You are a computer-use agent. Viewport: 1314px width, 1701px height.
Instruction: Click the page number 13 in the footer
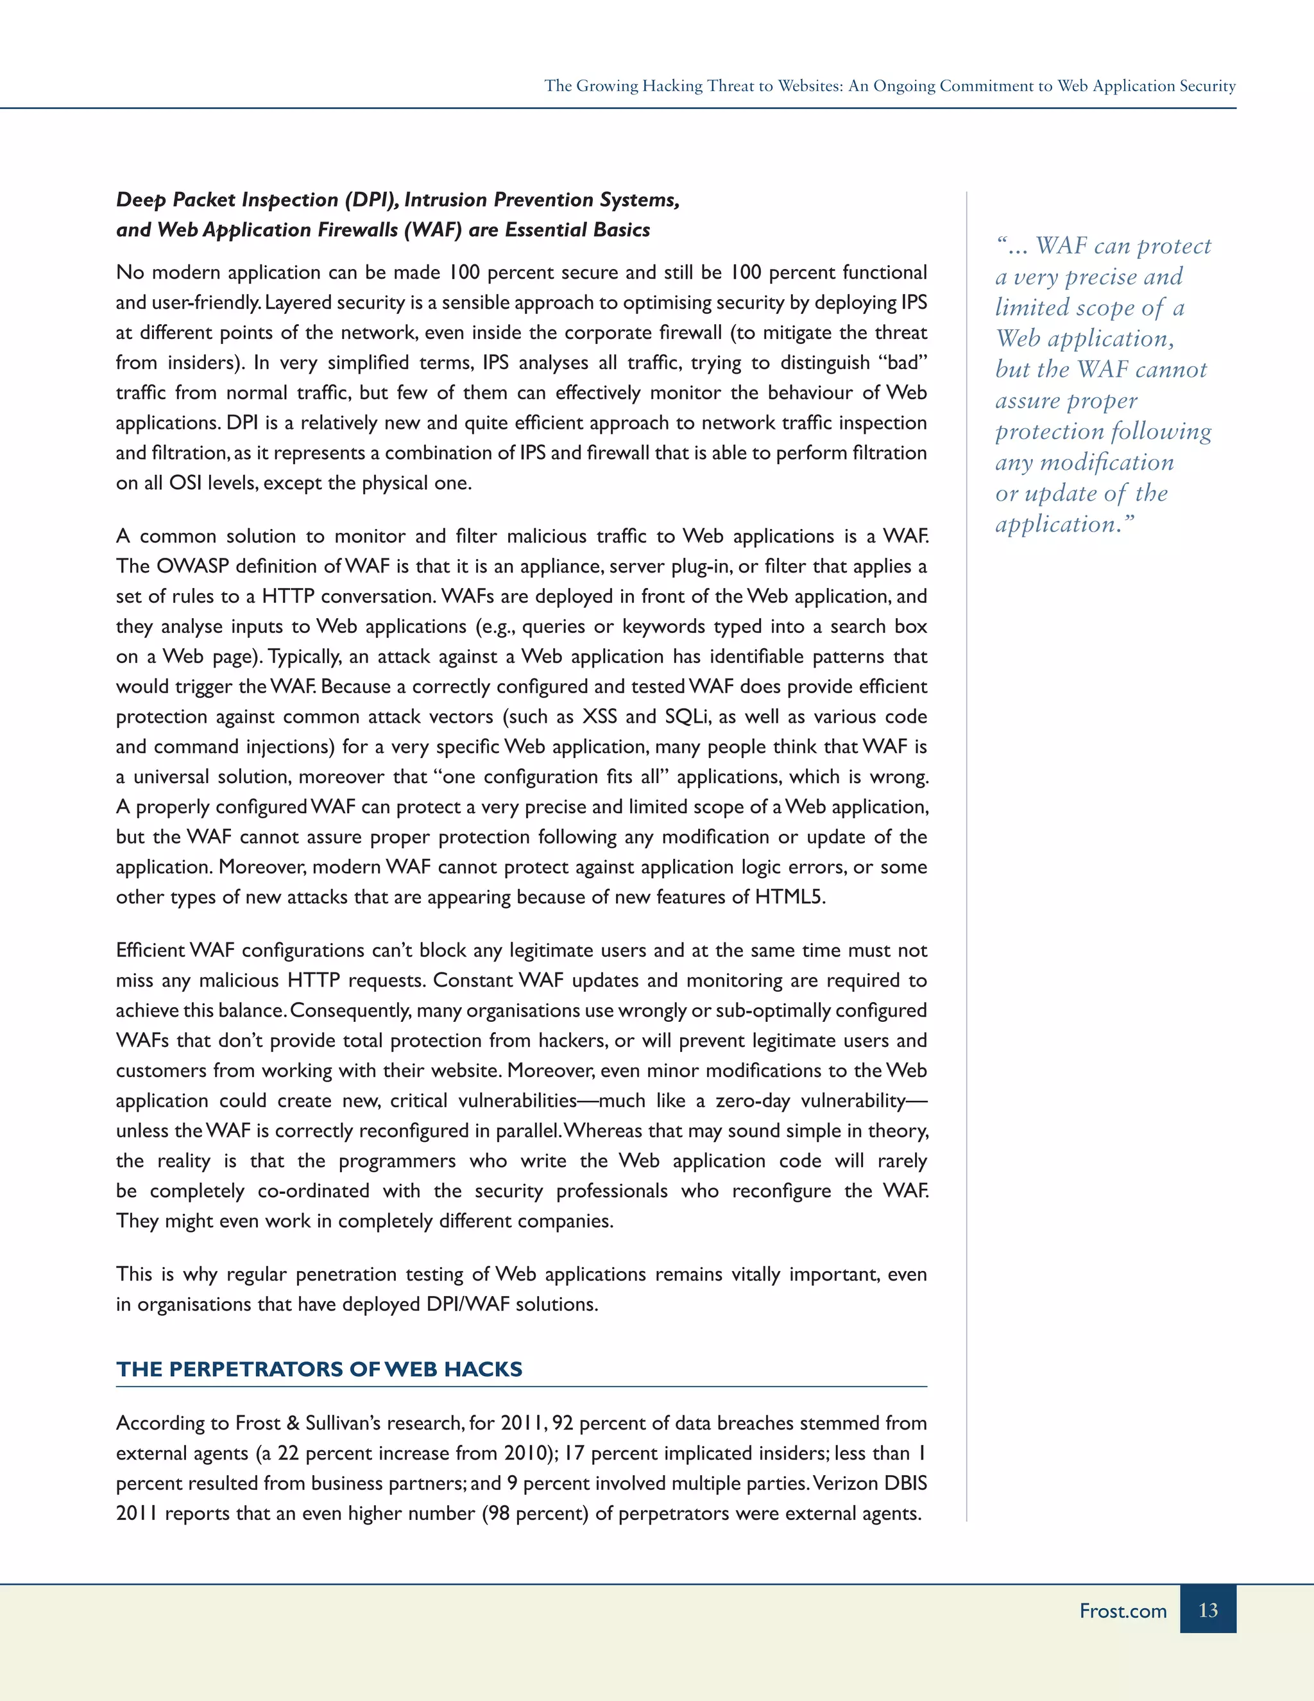[x=1207, y=1610]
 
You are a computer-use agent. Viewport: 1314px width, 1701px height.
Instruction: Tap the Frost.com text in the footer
[x=1123, y=1610]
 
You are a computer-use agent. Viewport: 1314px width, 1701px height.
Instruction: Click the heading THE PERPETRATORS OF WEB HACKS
[x=319, y=1369]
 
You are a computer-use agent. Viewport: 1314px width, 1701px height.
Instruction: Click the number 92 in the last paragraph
[x=562, y=1423]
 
